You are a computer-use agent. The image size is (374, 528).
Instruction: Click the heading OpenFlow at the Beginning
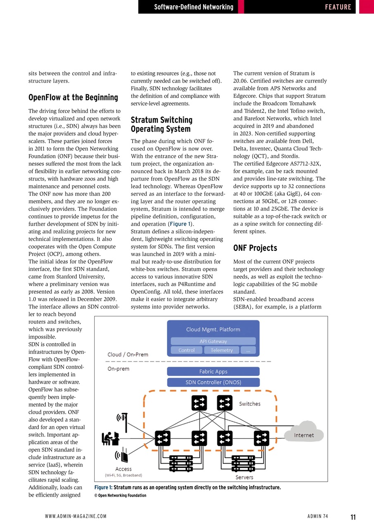click(73, 98)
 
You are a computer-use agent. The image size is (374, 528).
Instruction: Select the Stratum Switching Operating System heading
click(162, 124)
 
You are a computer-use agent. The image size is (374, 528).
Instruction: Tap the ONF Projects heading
click(255, 248)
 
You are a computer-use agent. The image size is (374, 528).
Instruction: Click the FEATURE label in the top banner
click(338, 7)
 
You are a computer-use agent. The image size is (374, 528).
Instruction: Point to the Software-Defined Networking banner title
click(193, 7)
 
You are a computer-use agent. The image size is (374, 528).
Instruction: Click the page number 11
click(353, 517)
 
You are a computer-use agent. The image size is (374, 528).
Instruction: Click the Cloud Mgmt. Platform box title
click(213, 329)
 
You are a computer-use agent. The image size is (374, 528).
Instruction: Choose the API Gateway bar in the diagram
click(213, 341)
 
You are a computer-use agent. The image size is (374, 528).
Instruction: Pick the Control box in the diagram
click(186, 350)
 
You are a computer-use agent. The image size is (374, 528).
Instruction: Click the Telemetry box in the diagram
click(222, 350)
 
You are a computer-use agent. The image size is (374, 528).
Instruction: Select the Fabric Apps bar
click(213, 371)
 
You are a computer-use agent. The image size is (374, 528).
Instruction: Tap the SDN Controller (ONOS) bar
click(213, 382)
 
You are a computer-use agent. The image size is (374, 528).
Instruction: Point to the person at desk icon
click(110, 438)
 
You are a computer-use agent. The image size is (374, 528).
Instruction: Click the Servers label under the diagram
click(244, 477)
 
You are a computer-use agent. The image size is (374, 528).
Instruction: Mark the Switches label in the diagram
click(250, 404)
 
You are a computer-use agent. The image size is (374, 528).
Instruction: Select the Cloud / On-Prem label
click(128, 354)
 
